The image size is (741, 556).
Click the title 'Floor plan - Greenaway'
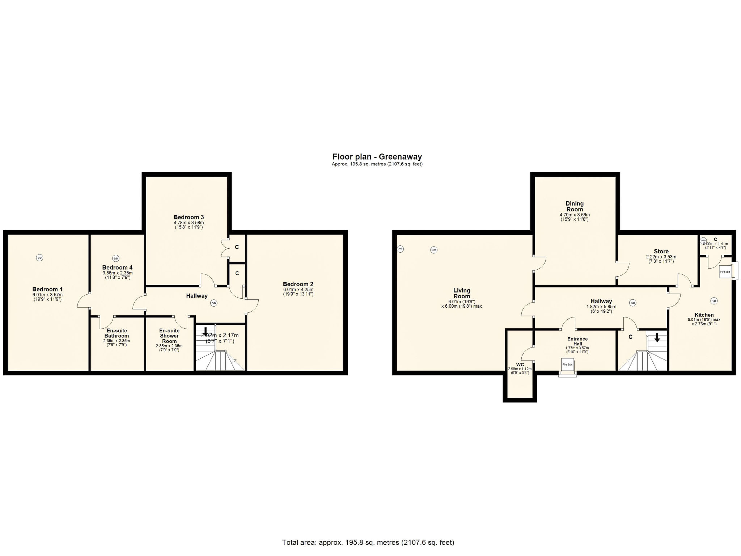(377, 157)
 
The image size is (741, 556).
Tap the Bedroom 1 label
(47, 289)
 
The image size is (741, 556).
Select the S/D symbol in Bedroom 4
(116, 258)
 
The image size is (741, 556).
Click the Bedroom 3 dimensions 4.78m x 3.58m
(189, 223)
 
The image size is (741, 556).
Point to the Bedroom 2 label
(298, 284)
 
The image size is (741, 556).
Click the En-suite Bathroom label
(117, 333)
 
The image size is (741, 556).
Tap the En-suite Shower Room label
(169, 336)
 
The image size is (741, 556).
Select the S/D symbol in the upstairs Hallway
(213, 303)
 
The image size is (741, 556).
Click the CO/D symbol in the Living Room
(400, 249)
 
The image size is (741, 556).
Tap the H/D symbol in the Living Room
(433, 250)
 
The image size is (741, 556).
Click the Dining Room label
(575, 206)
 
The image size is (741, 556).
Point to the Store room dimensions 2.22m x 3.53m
(661, 257)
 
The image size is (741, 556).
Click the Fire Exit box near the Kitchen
(725, 271)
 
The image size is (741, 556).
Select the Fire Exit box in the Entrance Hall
(567, 365)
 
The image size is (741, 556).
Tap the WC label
(520, 365)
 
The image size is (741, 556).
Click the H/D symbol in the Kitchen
(714, 301)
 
